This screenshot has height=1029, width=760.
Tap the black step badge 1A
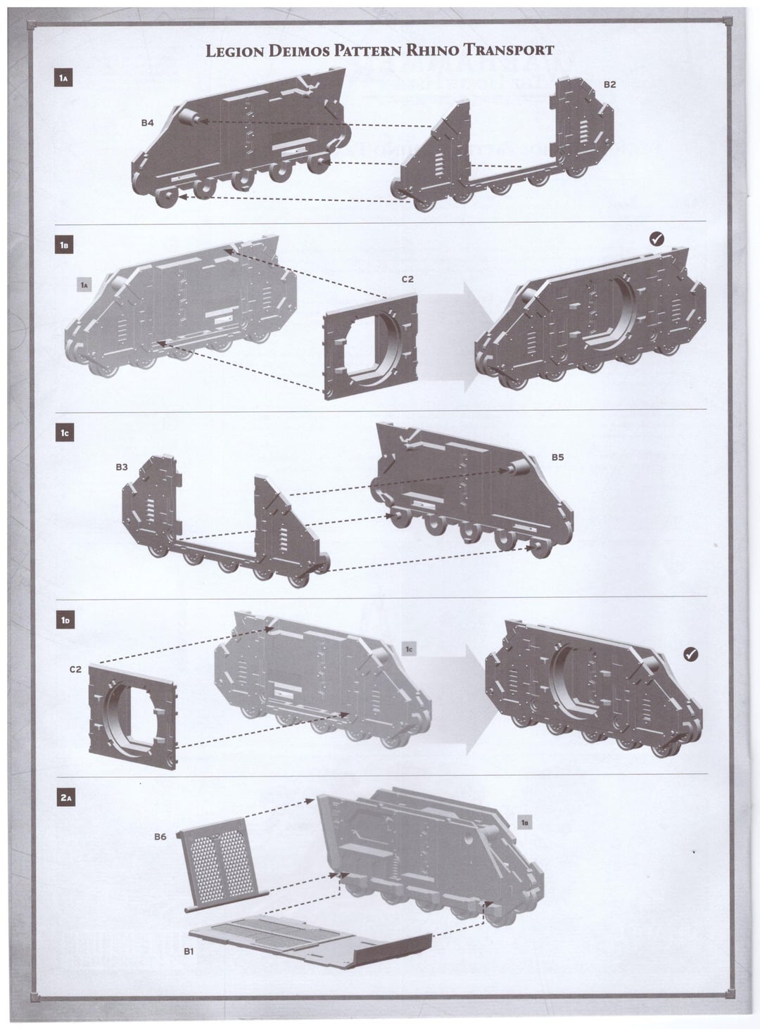click(63, 78)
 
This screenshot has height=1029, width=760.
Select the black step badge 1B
click(63, 245)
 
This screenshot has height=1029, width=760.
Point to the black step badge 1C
click(65, 433)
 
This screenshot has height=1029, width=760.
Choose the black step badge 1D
click(65, 620)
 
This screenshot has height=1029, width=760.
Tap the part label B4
click(147, 123)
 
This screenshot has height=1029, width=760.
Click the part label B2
click(609, 84)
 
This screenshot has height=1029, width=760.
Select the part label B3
click(122, 467)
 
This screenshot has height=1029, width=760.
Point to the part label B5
click(557, 457)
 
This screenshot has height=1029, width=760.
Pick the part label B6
click(160, 836)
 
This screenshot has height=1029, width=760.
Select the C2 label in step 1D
click(75, 670)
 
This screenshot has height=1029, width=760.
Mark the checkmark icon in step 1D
click(690, 654)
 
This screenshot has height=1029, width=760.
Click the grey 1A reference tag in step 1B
click(84, 285)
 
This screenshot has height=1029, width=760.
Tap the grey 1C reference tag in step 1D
click(409, 649)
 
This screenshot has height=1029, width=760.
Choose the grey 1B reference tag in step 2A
click(524, 822)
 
